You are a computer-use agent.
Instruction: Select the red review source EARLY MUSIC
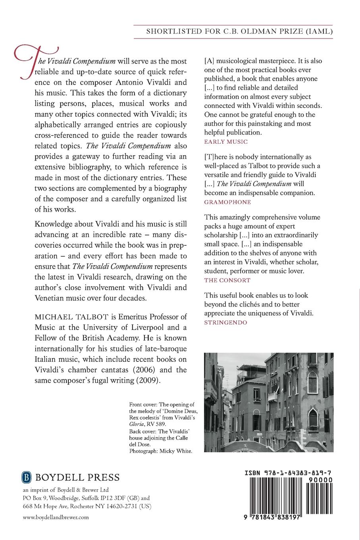(x=226, y=141)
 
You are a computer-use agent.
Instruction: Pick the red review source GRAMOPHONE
(x=227, y=202)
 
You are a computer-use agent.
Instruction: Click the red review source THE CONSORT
(x=227, y=280)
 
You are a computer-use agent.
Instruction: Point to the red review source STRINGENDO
(x=225, y=322)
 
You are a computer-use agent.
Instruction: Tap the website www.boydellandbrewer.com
(x=56, y=517)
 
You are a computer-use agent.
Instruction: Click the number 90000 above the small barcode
(x=321, y=479)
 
